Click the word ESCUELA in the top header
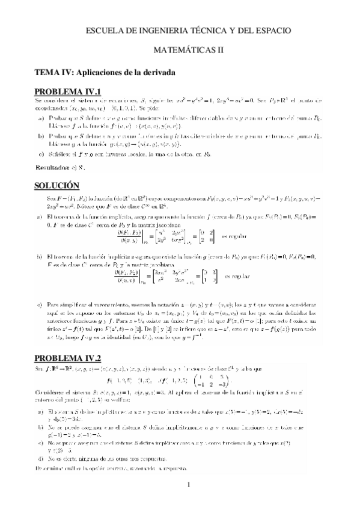point(106,29)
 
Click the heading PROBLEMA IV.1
point(67,91)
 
